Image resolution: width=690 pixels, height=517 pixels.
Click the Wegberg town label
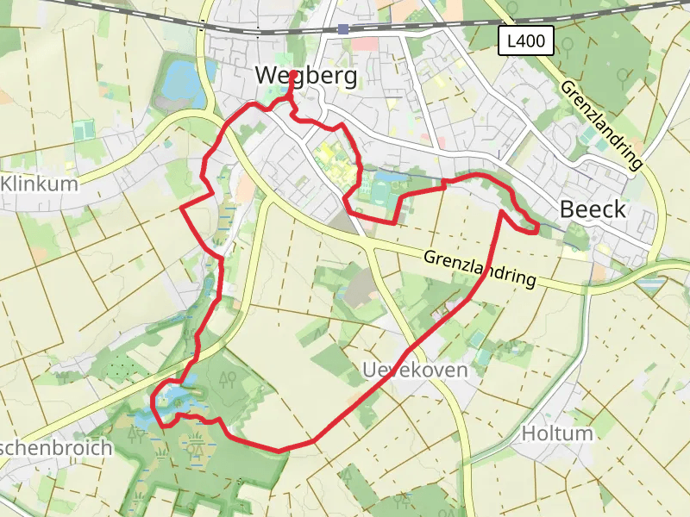tap(305, 77)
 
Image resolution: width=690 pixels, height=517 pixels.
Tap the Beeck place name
tap(593, 209)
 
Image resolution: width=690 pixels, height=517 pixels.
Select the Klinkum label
tap(40, 184)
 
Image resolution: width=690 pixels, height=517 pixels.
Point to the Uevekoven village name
tap(415, 371)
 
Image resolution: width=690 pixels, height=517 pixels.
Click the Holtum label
tap(558, 433)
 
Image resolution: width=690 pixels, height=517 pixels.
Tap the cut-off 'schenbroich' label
tap(55, 448)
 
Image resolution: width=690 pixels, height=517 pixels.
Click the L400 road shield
tap(525, 40)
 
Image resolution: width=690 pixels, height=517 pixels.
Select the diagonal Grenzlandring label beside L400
tap(602, 123)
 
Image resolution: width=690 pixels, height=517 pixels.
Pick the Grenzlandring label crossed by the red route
tap(479, 268)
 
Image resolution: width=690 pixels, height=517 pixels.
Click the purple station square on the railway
tap(343, 28)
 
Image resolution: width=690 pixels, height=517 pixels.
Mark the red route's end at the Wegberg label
tap(294, 75)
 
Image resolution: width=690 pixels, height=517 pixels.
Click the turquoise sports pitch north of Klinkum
tap(84, 130)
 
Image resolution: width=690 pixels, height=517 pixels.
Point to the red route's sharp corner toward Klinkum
tap(182, 209)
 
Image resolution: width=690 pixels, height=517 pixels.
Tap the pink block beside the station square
tap(365, 43)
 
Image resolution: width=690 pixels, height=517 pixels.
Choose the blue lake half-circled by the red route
tap(172, 399)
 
